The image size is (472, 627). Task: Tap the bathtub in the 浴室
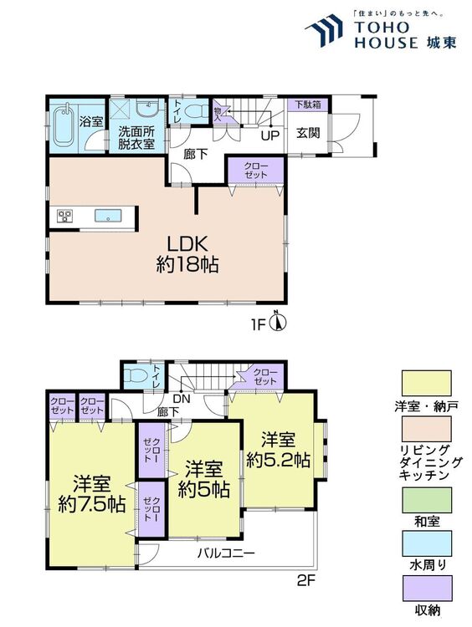pyautogui.click(x=63, y=127)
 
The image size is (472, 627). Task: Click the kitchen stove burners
pyautogui.click(x=64, y=217)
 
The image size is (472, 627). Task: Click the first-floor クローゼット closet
pyautogui.click(x=256, y=173)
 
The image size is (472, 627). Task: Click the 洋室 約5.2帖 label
pyautogui.click(x=279, y=449)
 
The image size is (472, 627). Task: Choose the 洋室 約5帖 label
pyautogui.click(x=203, y=479)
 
